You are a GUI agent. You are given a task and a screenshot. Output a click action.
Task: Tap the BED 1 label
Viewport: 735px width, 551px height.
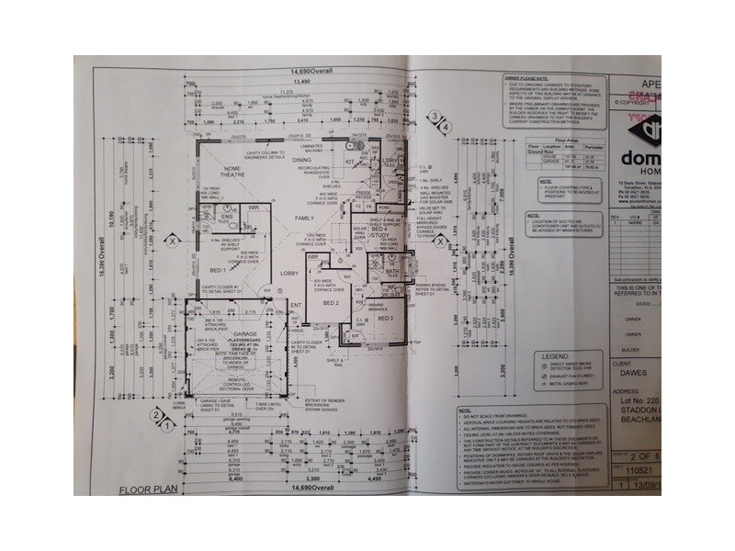tap(219, 273)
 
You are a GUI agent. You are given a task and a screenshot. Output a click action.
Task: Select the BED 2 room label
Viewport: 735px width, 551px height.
tap(333, 301)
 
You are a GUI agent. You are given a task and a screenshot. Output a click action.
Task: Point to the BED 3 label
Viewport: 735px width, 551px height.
tap(386, 318)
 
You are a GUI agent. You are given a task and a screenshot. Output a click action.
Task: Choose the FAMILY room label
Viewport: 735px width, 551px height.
tap(304, 217)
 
